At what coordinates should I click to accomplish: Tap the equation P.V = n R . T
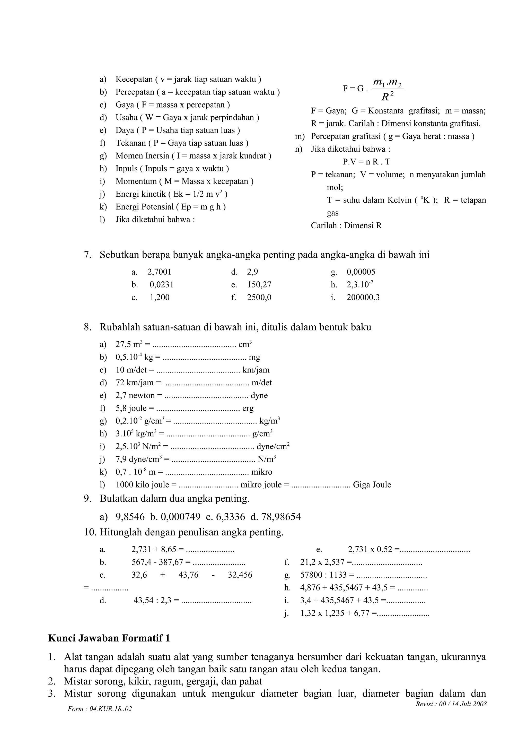click(x=366, y=162)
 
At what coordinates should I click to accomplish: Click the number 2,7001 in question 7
click(x=159, y=272)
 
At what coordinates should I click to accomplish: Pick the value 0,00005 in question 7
click(x=361, y=272)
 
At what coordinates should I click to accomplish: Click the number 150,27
click(x=259, y=285)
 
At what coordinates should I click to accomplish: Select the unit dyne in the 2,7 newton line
click(x=259, y=395)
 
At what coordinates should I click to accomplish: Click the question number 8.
click(x=87, y=327)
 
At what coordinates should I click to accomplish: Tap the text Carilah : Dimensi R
click(x=346, y=225)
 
